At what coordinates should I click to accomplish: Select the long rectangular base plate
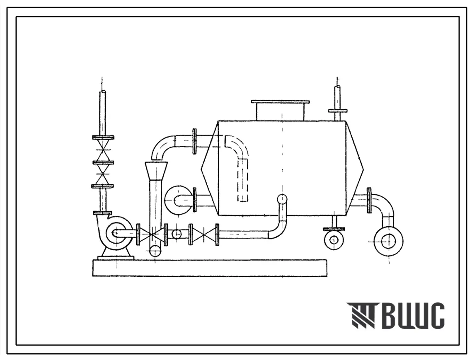[210, 268]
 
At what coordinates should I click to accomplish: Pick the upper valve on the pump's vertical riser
[103, 150]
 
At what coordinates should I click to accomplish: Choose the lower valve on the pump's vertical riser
[103, 174]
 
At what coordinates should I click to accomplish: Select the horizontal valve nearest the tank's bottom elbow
[204, 234]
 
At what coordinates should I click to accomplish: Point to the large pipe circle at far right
[388, 241]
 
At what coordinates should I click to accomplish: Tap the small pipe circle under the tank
[334, 240]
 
